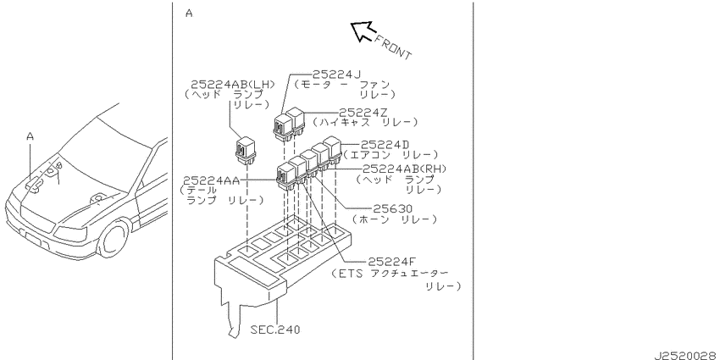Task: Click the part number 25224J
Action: [337, 74]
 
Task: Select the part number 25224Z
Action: [363, 113]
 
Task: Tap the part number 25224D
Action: [385, 145]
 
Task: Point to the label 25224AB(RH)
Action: [405, 169]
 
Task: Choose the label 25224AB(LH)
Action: [232, 85]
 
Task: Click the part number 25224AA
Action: [211, 180]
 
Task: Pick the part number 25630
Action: [392, 209]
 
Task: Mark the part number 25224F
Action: [391, 262]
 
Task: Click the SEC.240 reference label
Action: [275, 330]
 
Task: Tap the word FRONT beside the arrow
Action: [393, 47]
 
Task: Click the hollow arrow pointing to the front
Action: [363, 31]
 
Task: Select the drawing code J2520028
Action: [686, 356]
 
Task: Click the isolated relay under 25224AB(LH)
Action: [246, 149]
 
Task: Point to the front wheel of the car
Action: [114, 239]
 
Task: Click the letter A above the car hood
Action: [30, 136]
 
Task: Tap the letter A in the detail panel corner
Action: [189, 14]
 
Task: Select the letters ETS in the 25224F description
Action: [351, 274]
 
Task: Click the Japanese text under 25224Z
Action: [366, 123]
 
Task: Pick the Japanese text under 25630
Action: [395, 219]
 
